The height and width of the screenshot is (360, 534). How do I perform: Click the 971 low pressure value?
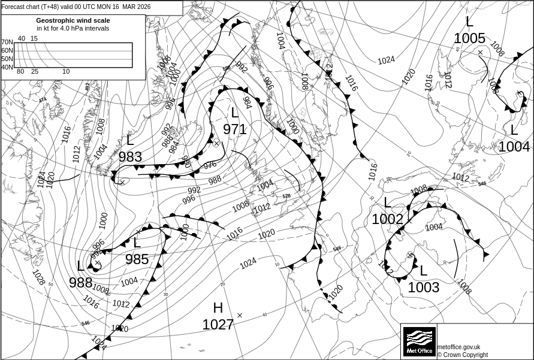point(235,129)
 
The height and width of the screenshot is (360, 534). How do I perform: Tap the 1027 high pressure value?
point(218,325)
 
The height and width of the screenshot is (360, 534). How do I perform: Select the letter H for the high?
point(218,308)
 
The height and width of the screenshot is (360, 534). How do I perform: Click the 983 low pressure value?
point(130,157)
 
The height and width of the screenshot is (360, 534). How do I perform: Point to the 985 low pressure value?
point(137,259)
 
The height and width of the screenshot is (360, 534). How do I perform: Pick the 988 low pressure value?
point(80,283)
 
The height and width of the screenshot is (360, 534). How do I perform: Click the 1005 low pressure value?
point(469,38)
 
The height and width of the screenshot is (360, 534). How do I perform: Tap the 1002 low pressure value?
point(387,219)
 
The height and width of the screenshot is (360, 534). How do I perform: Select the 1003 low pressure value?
point(424,288)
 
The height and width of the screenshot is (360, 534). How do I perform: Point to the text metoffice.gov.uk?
point(458,347)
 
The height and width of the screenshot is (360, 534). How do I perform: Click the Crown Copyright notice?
point(463,355)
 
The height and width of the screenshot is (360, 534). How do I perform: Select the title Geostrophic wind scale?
point(73,20)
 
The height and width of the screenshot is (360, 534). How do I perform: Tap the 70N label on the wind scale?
point(7,43)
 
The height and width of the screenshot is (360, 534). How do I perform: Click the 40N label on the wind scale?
point(7,67)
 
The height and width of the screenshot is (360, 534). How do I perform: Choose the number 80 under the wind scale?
point(20,72)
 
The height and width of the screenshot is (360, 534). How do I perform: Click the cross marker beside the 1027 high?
point(240,315)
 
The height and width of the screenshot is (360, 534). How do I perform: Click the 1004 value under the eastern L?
point(514,147)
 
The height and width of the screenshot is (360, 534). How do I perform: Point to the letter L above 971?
point(234,113)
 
